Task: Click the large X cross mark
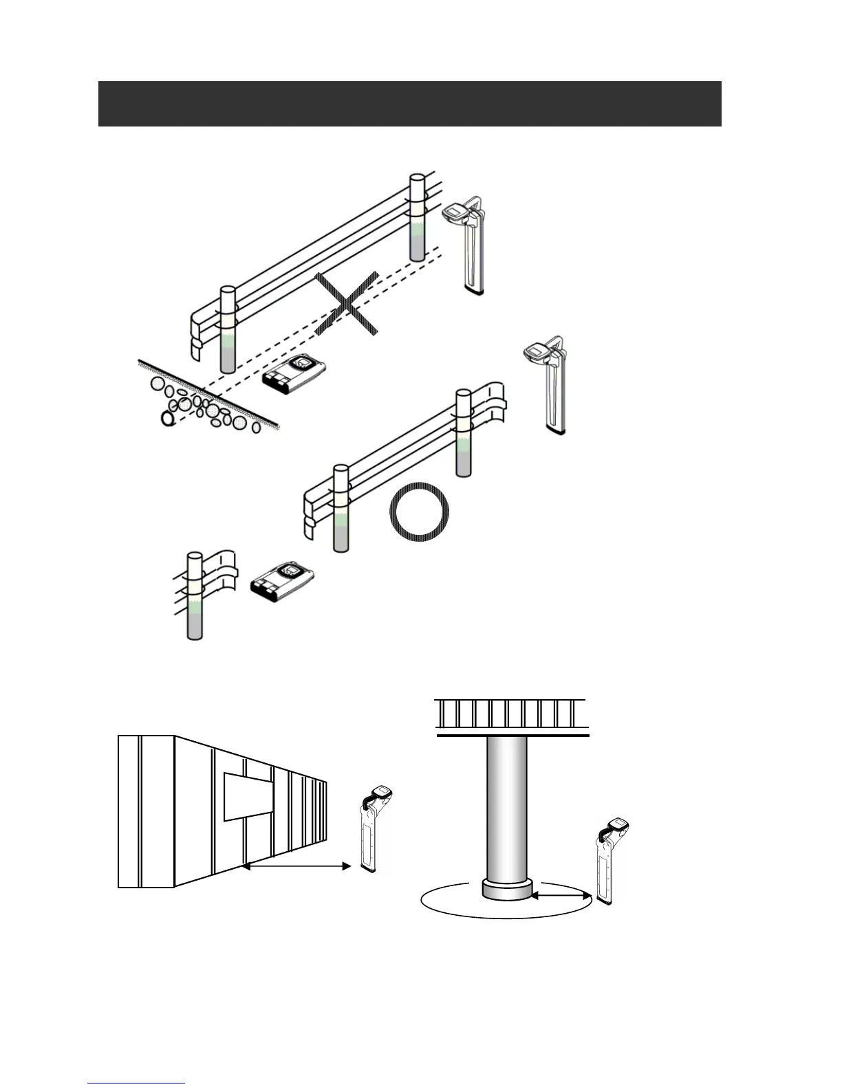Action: click(347, 304)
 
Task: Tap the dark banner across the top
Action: click(409, 104)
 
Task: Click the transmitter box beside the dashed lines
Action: click(294, 375)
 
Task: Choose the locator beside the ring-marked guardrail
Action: click(550, 384)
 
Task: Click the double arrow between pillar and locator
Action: click(562, 895)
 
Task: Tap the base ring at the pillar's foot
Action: click(507, 890)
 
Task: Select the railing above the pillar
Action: click(511, 715)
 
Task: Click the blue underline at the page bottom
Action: click(136, 1083)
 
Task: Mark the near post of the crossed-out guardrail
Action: click(228, 330)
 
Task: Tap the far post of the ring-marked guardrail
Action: click(464, 433)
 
